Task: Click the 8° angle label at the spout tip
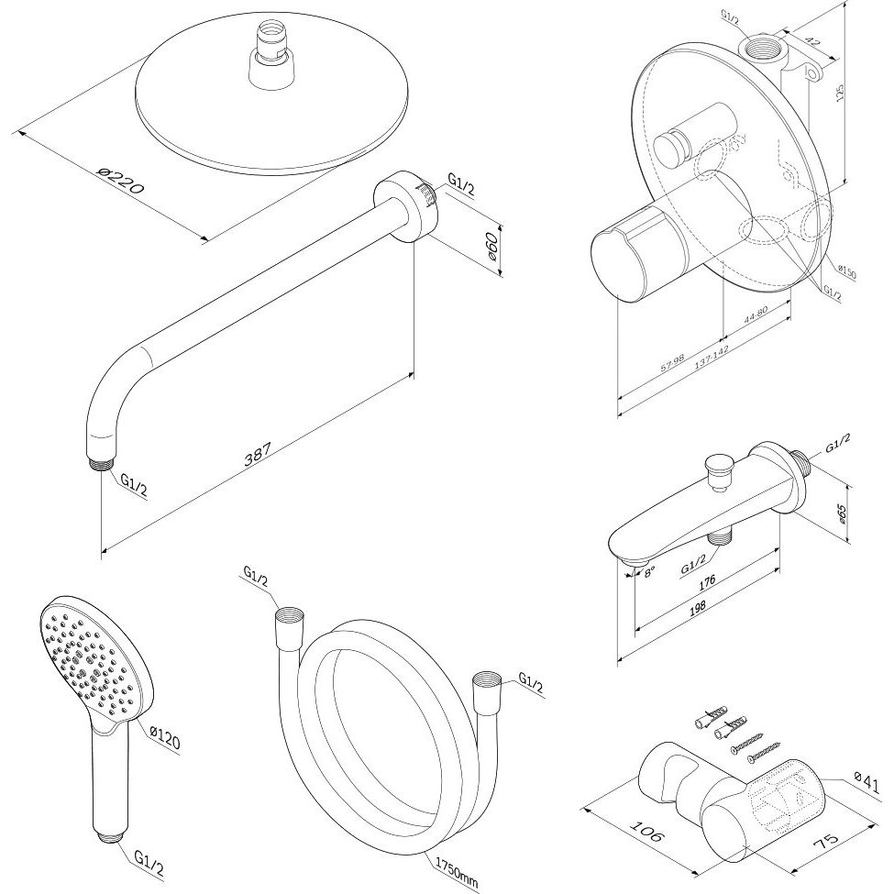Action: tap(650, 572)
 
